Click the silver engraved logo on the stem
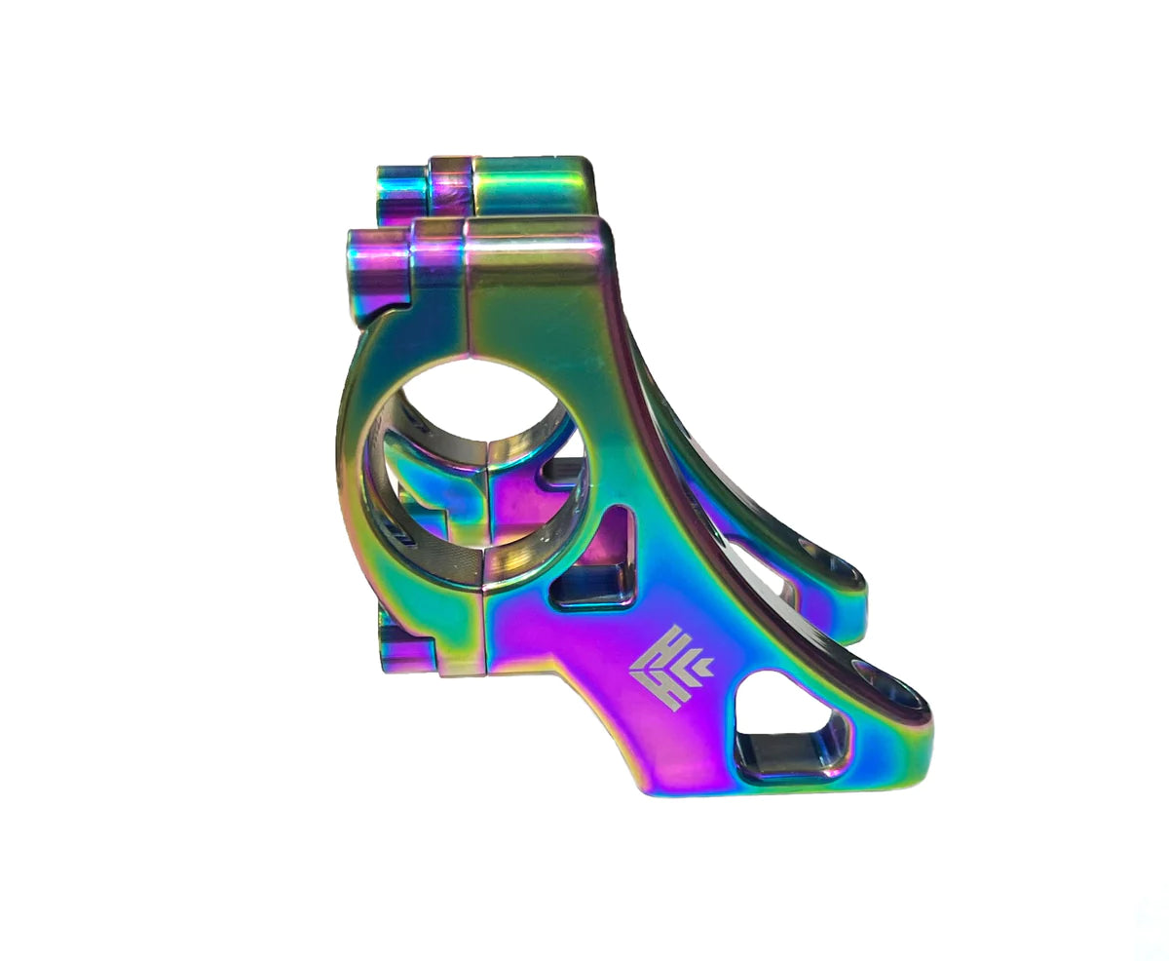click(x=669, y=668)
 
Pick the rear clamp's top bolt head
click(x=401, y=191)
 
